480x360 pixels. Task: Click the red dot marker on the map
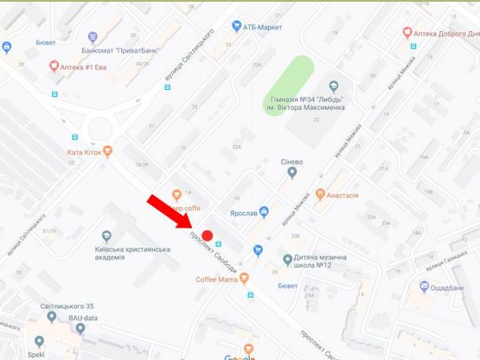[x=208, y=235]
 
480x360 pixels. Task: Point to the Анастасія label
[x=343, y=196]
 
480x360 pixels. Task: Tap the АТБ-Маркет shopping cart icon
[x=236, y=26]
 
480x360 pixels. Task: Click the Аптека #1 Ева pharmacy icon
[x=54, y=66]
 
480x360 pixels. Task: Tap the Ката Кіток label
[x=85, y=151]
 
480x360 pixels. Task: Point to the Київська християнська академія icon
[x=106, y=236]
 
